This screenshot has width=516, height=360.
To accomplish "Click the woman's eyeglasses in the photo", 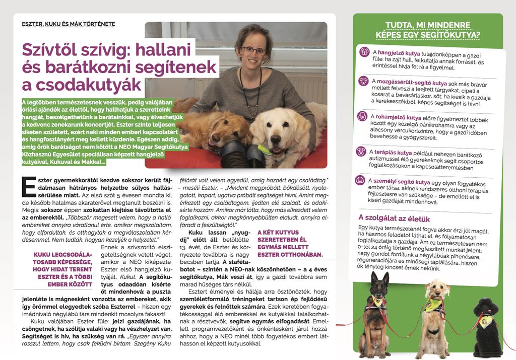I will [x=253, y=50].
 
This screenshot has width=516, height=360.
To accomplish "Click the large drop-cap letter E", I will [x=29, y=186].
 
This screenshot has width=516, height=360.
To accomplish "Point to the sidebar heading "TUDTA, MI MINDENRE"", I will [x=428, y=25].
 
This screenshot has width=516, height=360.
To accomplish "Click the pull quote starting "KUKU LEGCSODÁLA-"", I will [x=62, y=269].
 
